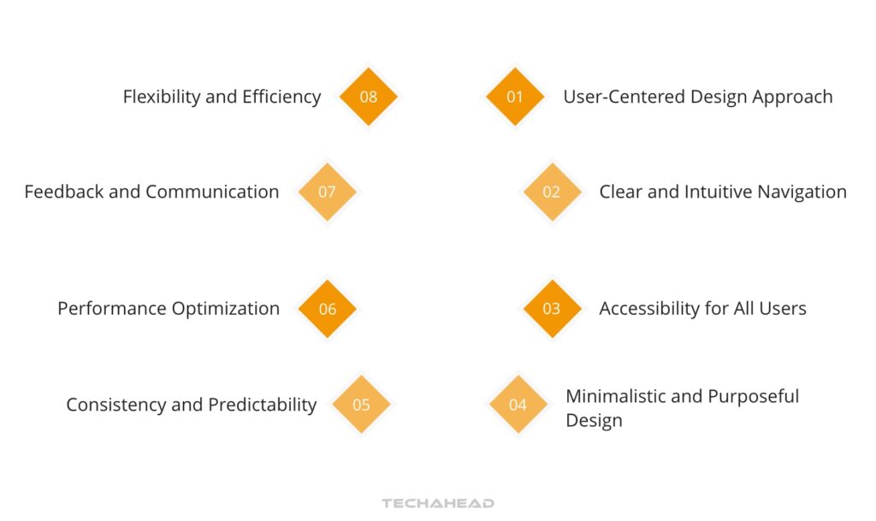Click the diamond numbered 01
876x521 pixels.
tap(515, 97)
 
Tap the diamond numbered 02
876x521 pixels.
tap(552, 192)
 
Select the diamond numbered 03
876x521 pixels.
tap(552, 309)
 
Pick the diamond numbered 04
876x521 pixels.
tap(518, 405)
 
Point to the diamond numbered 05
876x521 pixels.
tap(361, 405)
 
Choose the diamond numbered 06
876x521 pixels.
tap(328, 309)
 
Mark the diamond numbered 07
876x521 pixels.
tap(327, 192)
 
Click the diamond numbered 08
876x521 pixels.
tap(369, 97)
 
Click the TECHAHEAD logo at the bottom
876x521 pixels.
tap(438, 504)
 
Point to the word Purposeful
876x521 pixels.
tap(753, 396)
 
